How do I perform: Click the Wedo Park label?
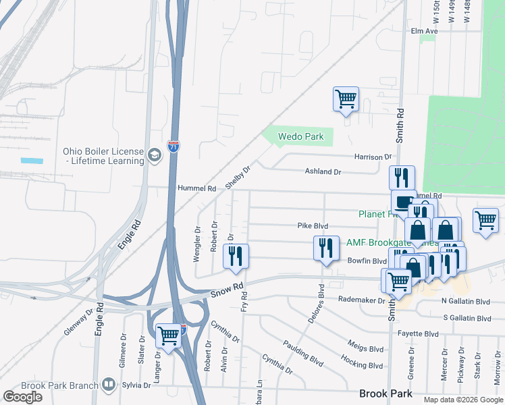tap(302, 137)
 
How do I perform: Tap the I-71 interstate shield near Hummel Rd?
tap(174, 146)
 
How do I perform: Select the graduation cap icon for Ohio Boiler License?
tap(155, 156)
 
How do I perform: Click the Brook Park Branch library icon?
tap(109, 385)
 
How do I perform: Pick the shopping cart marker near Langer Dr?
tap(168, 335)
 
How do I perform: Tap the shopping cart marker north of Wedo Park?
tap(346, 99)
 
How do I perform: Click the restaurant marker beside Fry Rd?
tap(236, 256)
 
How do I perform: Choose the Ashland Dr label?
tap(323, 172)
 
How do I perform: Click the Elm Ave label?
tap(425, 31)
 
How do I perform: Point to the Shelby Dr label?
tap(242, 178)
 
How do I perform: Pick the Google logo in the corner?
tap(22, 397)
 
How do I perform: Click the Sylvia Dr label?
tap(136, 385)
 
